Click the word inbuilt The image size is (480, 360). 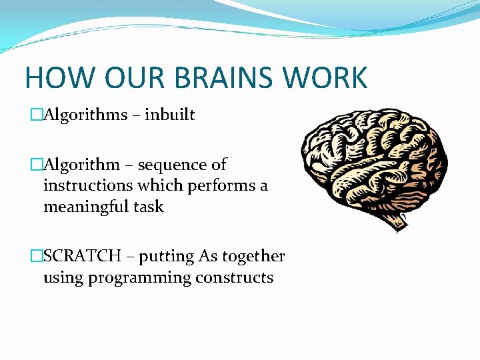click(169, 115)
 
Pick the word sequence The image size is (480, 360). click(172, 164)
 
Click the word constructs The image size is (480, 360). click(234, 277)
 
